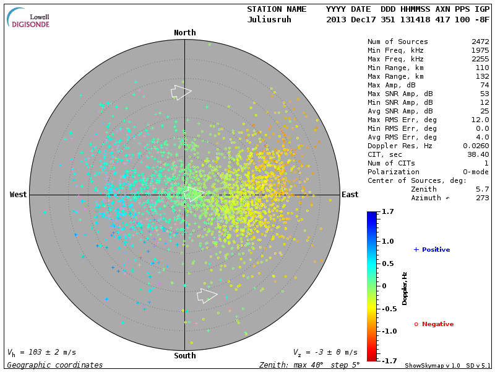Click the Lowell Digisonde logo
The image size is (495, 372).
(x=29, y=18)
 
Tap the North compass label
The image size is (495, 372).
(x=184, y=33)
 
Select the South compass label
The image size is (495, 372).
(x=184, y=356)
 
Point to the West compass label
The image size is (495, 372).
(x=19, y=195)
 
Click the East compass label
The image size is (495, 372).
(x=350, y=195)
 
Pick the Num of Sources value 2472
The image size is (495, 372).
(x=480, y=42)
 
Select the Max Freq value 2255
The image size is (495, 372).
(x=480, y=60)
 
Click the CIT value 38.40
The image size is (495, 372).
(x=478, y=154)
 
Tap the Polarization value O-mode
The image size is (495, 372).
(x=474, y=172)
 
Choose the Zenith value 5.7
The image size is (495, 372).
(x=483, y=189)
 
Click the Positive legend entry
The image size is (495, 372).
(x=431, y=250)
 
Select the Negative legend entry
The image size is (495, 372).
(x=434, y=324)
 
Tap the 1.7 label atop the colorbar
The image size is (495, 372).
(x=388, y=212)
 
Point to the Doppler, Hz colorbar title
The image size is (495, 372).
(x=405, y=288)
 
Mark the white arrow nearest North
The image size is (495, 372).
(x=181, y=92)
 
